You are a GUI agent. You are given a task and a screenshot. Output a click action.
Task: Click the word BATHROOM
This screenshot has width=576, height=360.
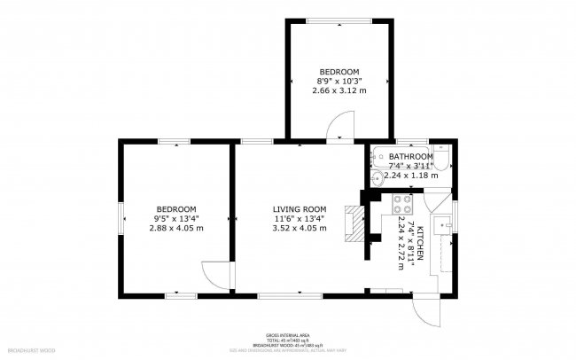click(410, 156)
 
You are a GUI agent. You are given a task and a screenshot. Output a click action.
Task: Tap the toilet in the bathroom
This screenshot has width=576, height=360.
click(444, 158)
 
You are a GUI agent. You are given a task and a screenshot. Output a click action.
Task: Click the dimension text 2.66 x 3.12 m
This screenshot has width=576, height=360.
click(339, 90)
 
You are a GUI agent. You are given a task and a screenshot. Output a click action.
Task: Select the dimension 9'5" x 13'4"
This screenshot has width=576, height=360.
click(175, 218)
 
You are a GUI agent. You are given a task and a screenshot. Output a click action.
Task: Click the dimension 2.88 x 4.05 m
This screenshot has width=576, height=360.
click(175, 228)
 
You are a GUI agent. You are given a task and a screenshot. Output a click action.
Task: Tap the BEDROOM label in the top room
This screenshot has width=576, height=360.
click(339, 71)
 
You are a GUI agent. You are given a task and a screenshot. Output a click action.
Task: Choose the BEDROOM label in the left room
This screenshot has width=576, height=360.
click(175, 209)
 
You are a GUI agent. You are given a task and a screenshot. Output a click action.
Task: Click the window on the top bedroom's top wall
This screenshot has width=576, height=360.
click(339, 20)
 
